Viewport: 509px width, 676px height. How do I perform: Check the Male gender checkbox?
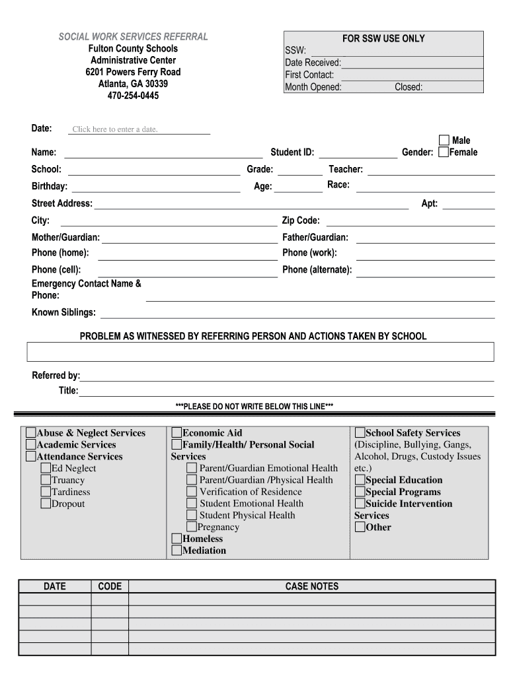click(x=444, y=140)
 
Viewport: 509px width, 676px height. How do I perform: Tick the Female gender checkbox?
click(x=444, y=152)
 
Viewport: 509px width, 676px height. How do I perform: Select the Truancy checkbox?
click(x=46, y=480)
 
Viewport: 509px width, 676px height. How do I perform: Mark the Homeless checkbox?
click(x=176, y=539)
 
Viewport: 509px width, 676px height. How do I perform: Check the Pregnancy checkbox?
click(x=191, y=527)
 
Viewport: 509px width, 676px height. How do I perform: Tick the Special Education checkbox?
click(x=360, y=480)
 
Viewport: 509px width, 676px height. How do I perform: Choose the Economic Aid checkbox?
click(x=176, y=433)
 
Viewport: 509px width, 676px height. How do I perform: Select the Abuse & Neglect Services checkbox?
click(x=31, y=433)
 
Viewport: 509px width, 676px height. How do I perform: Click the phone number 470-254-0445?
click(x=133, y=96)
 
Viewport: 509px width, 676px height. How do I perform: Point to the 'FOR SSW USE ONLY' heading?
click(x=383, y=39)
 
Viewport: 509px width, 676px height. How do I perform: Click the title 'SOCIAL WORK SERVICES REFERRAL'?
click(x=133, y=36)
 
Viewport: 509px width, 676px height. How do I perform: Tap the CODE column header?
click(x=110, y=586)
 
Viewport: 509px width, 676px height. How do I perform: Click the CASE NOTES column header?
click(x=311, y=586)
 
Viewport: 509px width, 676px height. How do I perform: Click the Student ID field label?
click(x=292, y=152)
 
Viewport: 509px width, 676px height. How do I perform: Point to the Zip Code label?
click(x=301, y=220)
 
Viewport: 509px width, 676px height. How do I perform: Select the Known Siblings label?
click(x=63, y=312)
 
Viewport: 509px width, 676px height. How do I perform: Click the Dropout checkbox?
click(x=46, y=504)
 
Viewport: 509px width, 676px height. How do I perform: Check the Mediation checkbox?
click(x=176, y=551)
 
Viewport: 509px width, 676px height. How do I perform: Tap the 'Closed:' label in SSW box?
click(x=409, y=87)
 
